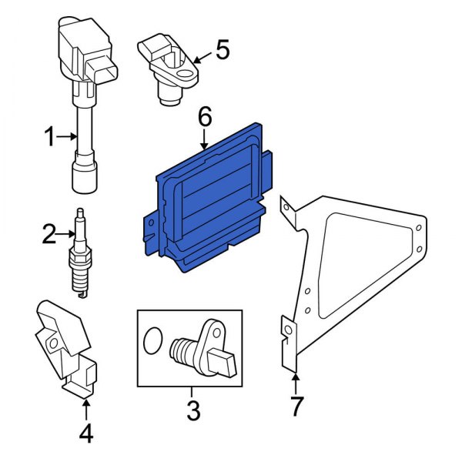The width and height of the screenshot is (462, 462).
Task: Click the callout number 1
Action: coord(49,138)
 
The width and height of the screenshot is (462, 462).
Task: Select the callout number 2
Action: coord(49,234)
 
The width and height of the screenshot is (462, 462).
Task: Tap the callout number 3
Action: coord(192,411)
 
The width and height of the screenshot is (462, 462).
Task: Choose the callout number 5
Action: coord(223,51)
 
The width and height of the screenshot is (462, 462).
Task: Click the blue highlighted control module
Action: coord(208,208)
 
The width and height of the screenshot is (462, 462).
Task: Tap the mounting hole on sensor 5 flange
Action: coord(185,75)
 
